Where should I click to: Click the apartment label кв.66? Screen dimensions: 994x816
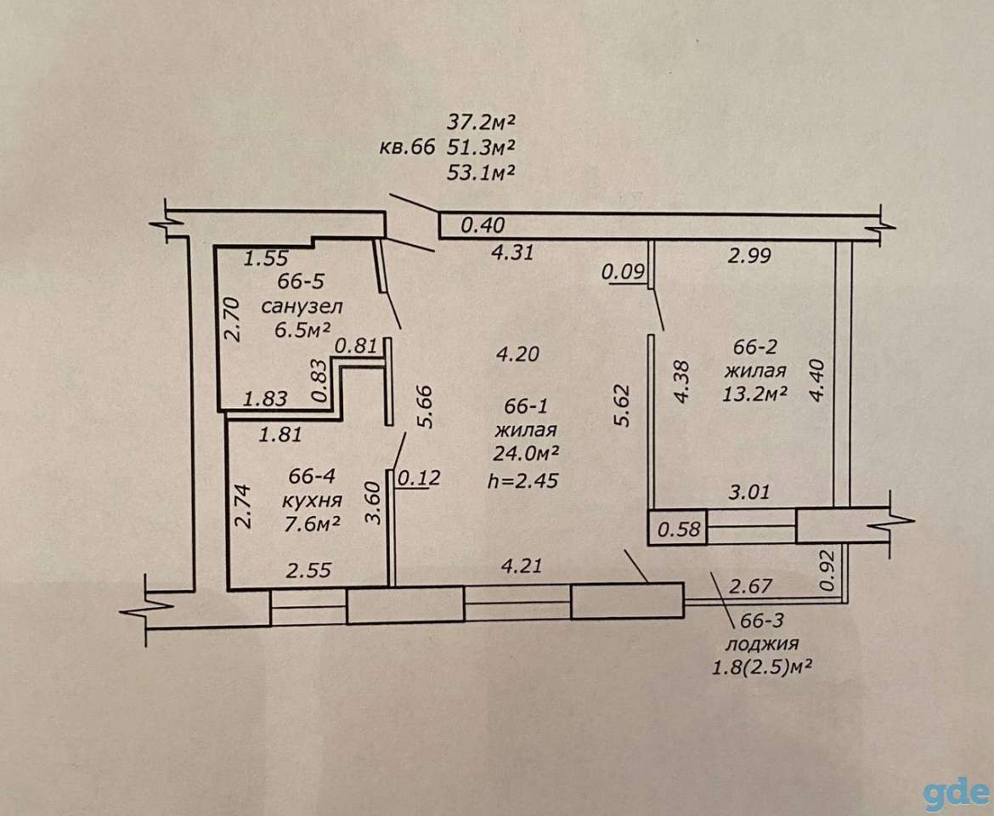click(x=407, y=148)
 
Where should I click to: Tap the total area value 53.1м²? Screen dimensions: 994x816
click(x=480, y=173)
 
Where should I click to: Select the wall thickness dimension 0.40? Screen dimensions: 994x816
click(x=483, y=225)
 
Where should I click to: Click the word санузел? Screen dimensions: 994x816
click(x=302, y=307)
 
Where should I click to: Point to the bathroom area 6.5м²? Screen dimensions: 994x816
click(x=303, y=330)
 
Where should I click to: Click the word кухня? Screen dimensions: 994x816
click(x=311, y=501)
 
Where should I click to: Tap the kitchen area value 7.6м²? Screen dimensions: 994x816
click(x=311, y=524)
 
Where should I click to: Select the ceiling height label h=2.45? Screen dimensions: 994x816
click(x=523, y=480)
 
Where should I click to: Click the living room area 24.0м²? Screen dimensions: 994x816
click(x=526, y=453)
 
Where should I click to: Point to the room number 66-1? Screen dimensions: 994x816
click(x=526, y=406)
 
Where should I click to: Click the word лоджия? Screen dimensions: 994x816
click(x=761, y=644)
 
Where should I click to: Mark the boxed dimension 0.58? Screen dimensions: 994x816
click(x=679, y=528)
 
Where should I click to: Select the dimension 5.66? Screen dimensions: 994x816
click(x=425, y=406)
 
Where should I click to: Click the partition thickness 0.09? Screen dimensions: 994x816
click(x=623, y=273)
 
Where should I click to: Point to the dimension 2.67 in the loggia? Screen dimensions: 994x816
click(x=750, y=586)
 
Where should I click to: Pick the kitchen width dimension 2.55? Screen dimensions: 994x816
click(x=308, y=570)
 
